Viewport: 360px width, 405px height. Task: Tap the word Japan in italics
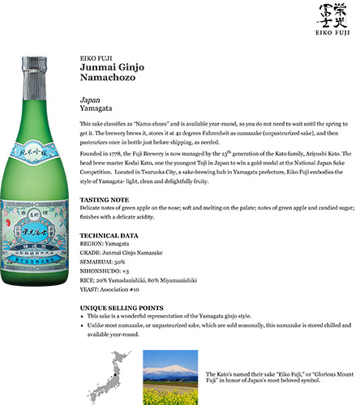[x=89, y=100]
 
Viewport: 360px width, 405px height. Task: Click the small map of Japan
[x=113, y=377]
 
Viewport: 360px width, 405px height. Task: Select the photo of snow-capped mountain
[x=170, y=377]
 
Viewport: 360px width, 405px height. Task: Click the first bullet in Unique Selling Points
[x=85, y=316]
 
